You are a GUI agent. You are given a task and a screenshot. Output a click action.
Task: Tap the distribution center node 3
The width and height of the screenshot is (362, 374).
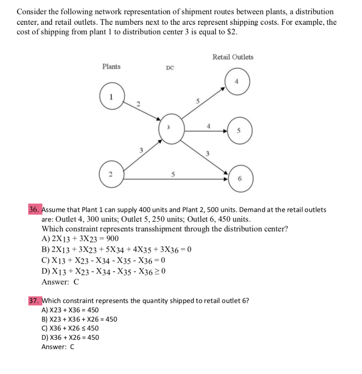[x=169, y=129]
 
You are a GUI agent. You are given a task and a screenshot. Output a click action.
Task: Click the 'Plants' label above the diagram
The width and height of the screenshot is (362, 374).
[x=111, y=67]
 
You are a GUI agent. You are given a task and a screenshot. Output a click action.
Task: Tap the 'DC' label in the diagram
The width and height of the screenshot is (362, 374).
[x=170, y=68]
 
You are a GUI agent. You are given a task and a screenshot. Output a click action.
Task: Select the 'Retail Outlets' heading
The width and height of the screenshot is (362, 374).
[x=233, y=57]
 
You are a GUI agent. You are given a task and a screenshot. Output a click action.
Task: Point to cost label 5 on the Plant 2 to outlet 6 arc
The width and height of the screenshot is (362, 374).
[x=172, y=173]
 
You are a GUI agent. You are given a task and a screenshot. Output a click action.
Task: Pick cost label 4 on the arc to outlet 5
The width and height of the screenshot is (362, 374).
[x=208, y=126]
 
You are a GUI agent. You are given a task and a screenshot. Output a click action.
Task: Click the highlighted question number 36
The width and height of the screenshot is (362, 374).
[x=34, y=210]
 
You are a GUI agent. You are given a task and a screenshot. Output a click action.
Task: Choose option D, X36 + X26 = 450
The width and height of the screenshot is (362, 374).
[x=70, y=337]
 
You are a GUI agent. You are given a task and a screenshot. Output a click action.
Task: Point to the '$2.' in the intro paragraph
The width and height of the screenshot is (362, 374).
[x=231, y=32]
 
